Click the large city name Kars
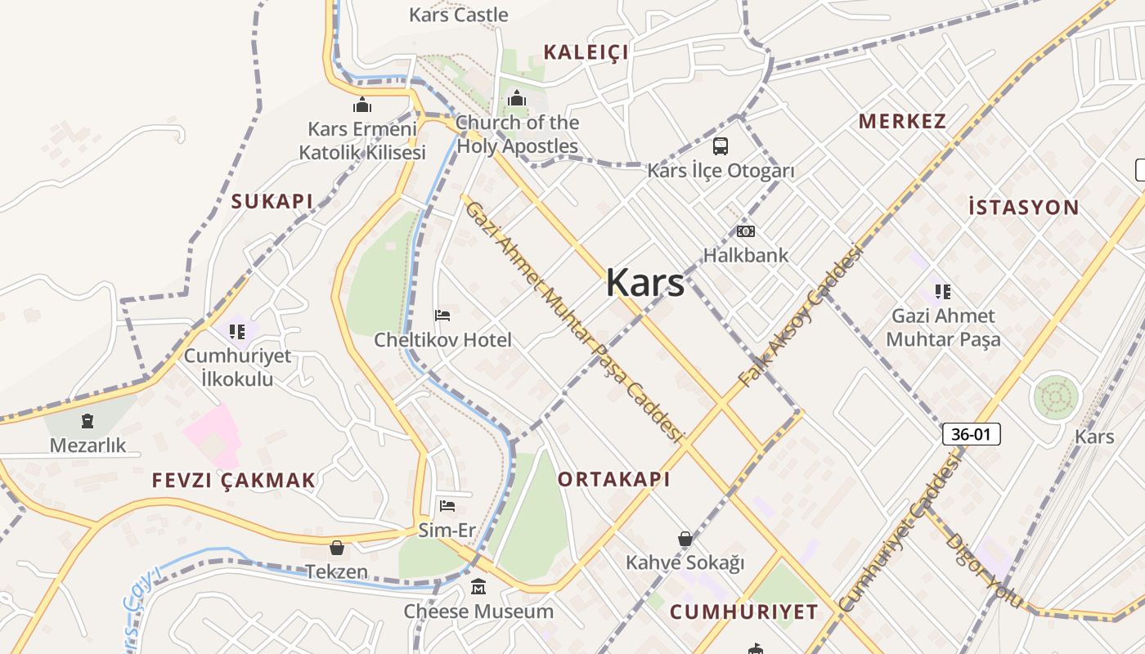[x=645, y=283]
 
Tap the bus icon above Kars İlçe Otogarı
[x=720, y=146]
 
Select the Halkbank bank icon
[x=745, y=231]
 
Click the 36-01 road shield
[x=971, y=434]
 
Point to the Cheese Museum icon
[x=478, y=587]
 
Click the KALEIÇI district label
[x=586, y=53]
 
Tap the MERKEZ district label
[x=902, y=122]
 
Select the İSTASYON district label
[x=1023, y=208]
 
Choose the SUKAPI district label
[x=272, y=202]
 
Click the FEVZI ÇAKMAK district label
[x=234, y=481]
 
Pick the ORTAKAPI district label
[x=613, y=480]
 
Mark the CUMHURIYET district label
[x=743, y=612]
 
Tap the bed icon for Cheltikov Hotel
[x=442, y=316]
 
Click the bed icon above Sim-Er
[x=447, y=506]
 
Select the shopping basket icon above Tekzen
[x=336, y=548]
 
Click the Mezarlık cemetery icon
[x=88, y=422]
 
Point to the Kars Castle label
[x=458, y=15]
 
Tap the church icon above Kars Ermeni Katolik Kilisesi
[x=361, y=105]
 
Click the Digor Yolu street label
[x=984, y=570]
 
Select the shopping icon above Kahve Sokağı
[x=685, y=539]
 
